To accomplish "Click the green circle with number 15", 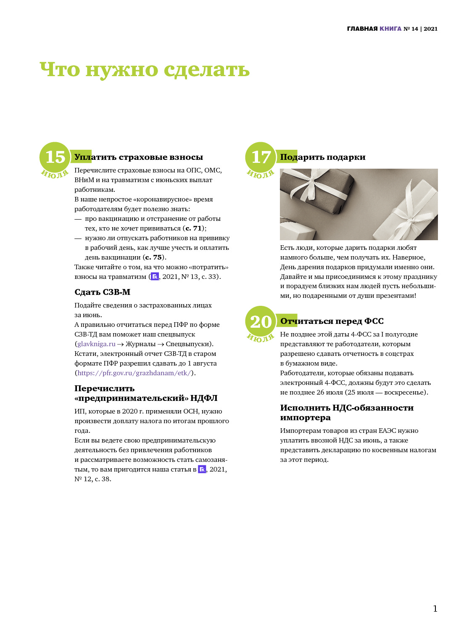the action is tap(55, 157).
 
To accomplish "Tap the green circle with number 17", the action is tap(260, 157).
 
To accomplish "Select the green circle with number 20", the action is tap(260, 321).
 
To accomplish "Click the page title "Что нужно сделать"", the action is tap(145, 69).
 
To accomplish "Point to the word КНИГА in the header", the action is tap(390, 29).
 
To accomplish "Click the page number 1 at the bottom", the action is tap(435, 609).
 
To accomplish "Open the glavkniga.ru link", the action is tap(96, 344).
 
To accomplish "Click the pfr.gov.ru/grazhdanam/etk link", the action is tap(134, 373).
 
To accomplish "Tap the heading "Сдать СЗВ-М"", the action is tap(103, 292).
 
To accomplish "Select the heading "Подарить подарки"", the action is tap(323, 157).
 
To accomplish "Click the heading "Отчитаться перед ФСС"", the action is tap(332, 321).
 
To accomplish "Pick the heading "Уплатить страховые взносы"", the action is tap(139, 157).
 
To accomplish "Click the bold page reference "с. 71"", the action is tap(194, 228).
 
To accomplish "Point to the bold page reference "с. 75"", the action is tap(154, 257).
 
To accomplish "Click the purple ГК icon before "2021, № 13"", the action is tap(155, 277).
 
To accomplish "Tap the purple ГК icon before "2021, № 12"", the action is tap(202, 469).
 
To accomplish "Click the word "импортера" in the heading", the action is tap(305, 417).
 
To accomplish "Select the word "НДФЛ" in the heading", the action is tap(204, 398).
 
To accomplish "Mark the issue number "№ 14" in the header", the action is tap(411, 29).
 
